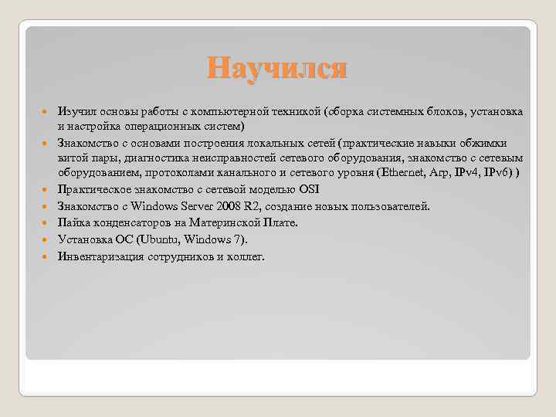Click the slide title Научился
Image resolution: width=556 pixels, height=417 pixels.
(277, 69)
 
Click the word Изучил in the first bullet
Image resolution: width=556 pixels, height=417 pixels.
(75, 112)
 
